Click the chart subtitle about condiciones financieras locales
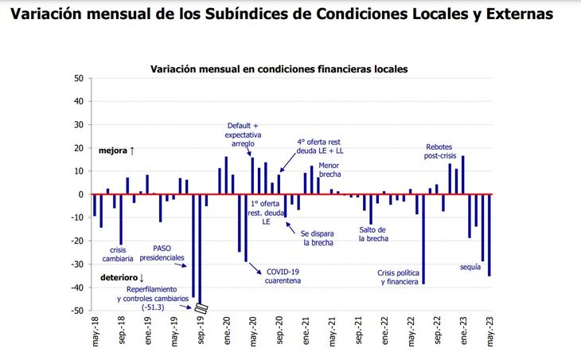279,69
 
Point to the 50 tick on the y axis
78,78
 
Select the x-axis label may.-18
96,333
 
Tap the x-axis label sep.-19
201,333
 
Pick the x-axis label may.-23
490,333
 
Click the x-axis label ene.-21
306,333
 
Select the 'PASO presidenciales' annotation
162,253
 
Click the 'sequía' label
471,267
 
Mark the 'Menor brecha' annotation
329,170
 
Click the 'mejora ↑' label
116,151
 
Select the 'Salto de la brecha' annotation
372,233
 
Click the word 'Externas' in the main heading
521,15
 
